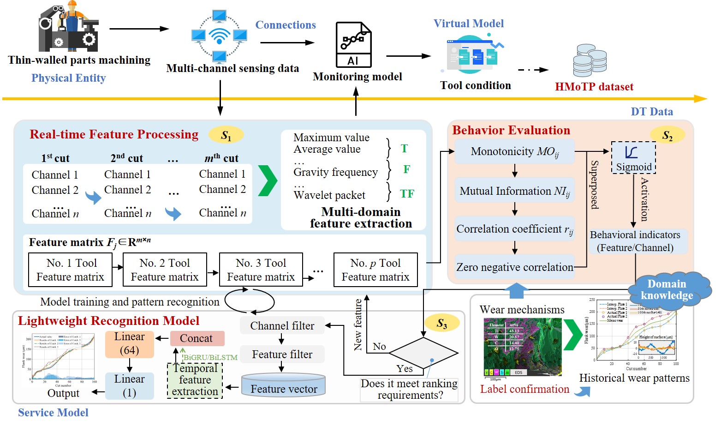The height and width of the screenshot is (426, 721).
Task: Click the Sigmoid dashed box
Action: tap(633, 157)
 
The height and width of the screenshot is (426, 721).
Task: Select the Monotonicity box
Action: tap(514, 152)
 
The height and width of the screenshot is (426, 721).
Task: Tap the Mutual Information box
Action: tap(514, 191)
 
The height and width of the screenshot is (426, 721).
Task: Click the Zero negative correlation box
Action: tap(514, 267)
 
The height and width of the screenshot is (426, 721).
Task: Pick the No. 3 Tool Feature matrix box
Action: tap(261, 270)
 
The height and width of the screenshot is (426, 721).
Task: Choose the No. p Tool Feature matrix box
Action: tap(375, 270)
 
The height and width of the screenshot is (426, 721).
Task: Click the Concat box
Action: tap(197, 338)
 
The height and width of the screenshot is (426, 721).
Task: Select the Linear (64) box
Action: tap(130, 344)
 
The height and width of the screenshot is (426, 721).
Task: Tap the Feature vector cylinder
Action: tap(284, 386)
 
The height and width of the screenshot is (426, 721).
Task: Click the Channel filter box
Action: tap(282, 326)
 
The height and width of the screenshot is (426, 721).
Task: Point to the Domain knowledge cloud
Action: tap(667, 290)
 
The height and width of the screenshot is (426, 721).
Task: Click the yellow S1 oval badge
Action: tap(226, 135)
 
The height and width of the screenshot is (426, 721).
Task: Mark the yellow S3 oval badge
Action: tap(442, 324)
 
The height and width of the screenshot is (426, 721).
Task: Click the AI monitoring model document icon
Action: tap(353, 45)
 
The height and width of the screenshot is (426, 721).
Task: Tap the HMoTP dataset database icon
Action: tap(590, 60)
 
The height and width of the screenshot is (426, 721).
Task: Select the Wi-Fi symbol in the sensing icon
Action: tap(220, 35)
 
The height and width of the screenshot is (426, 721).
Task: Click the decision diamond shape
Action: tap(423, 354)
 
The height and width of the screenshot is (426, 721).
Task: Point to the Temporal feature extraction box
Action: tap(195, 380)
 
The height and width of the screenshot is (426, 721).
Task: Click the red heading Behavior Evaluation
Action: tap(511, 130)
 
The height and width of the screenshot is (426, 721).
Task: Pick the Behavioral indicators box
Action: tap(635, 241)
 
